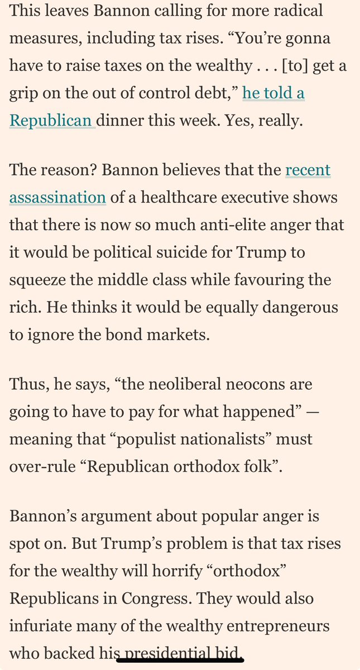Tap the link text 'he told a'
coord(273,93)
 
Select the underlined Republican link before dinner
coord(52,121)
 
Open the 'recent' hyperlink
coord(308,170)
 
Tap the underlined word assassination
coord(57,197)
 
